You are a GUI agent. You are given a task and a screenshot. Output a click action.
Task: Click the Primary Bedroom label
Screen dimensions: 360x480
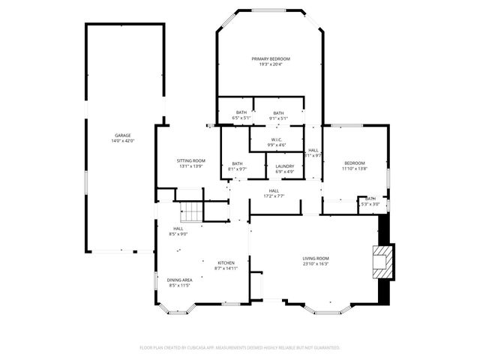[271, 58]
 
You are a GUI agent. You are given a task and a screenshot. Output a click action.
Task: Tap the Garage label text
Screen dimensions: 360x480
[122, 136]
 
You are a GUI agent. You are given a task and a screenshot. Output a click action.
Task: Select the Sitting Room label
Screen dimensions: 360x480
[191, 160]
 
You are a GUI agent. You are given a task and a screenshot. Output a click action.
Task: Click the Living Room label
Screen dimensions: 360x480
[316, 258]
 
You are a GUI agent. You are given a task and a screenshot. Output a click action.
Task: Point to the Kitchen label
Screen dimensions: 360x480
[226, 262]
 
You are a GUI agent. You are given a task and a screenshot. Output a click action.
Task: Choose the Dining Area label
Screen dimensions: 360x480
[179, 280]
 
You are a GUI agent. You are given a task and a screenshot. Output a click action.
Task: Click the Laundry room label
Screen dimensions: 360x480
[284, 166]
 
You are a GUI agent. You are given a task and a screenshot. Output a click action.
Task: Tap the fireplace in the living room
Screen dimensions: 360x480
[383, 262]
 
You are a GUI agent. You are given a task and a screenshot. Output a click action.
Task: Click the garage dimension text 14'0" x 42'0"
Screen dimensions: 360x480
[122, 141]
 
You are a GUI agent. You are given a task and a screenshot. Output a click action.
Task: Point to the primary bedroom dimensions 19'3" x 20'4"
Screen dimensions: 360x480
[271, 64]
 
